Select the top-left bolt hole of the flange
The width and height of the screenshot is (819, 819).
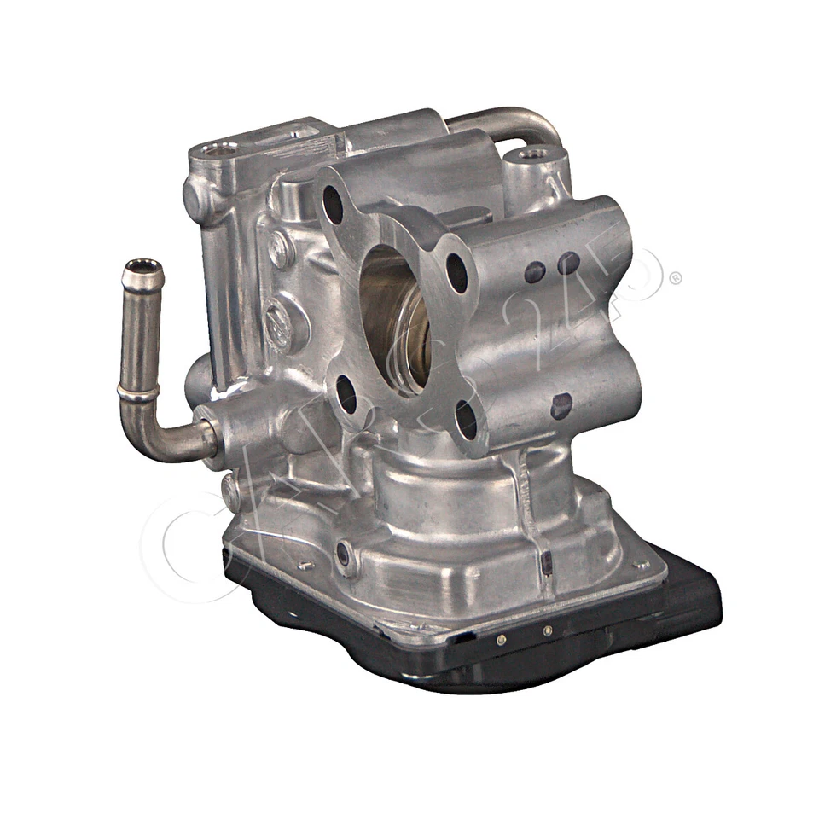pos(333,204)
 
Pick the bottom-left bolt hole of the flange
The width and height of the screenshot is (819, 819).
pos(346,394)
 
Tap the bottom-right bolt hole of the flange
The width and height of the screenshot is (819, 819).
pos(466,419)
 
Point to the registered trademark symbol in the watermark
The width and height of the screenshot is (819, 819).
pos(674,277)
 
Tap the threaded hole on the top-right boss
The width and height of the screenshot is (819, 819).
pos(536,154)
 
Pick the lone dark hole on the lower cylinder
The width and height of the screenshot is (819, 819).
pos(561,405)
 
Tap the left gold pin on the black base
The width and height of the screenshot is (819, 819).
pos(501,639)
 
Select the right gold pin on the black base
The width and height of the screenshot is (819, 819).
pos(547,630)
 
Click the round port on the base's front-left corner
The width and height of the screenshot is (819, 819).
pos(343,554)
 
